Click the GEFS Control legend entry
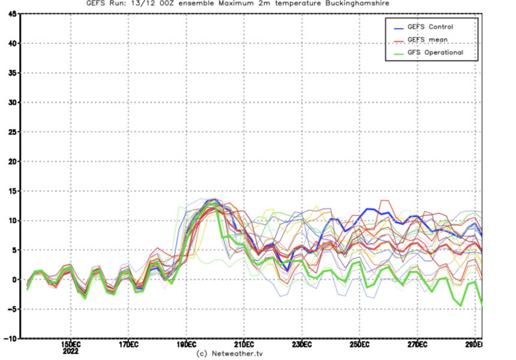point(430,27)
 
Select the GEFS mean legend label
point(427,40)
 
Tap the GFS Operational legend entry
point(435,53)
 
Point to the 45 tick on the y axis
point(12,14)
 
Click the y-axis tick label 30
point(12,103)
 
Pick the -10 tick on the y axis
point(10,338)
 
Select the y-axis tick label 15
point(12,191)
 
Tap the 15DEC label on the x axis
point(71,345)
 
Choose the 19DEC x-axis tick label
point(186,345)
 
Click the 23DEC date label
point(302,345)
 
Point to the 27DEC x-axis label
point(417,345)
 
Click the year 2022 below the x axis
point(71,350)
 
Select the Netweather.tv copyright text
point(229,354)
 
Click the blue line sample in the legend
point(398,27)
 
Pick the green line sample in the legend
point(398,53)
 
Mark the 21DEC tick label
point(244,345)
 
